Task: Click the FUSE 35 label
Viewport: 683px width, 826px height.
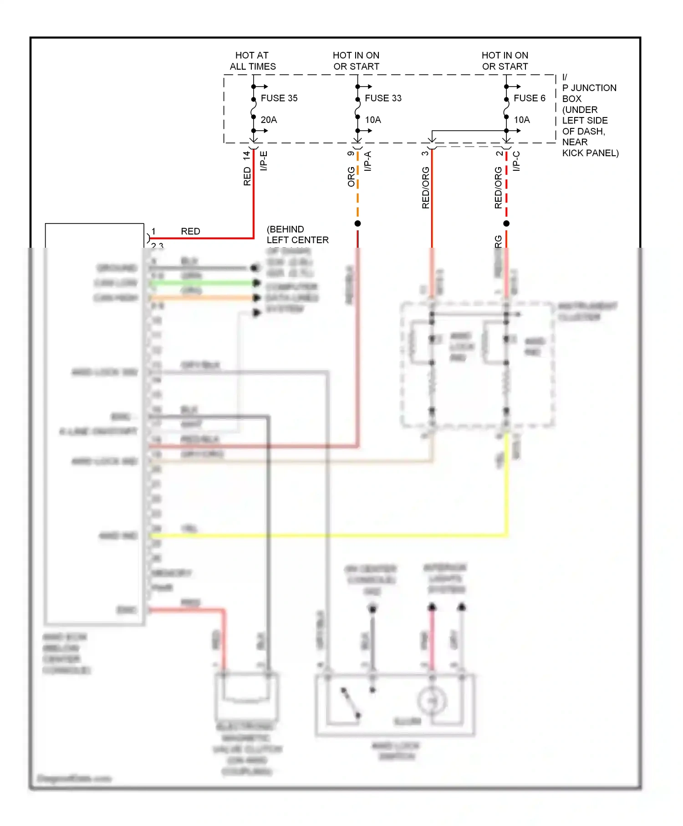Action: click(279, 98)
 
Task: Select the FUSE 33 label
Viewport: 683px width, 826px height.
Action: click(383, 98)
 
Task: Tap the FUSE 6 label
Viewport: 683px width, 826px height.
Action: click(529, 98)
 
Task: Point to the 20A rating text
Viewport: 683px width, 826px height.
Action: click(269, 120)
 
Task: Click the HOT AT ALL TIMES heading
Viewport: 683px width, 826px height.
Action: click(252, 61)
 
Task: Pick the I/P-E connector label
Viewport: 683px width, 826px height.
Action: click(264, 161)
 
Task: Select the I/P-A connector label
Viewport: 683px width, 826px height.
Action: click(368, 161)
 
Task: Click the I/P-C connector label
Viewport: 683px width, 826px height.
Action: click(516, 161)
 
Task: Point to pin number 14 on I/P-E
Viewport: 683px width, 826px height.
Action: click(247, 155)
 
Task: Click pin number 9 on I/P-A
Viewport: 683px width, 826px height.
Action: click(351, 153)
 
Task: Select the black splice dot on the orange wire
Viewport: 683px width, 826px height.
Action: click(358, 224)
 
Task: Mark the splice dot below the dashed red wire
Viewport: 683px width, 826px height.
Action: click(506, 224)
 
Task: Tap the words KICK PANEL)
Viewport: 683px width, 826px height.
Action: click(590, 153)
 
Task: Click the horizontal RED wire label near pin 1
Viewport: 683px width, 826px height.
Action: click(190, 231)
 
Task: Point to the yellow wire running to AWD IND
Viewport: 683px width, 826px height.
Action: click(328, 535)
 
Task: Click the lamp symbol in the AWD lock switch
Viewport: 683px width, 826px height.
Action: click(432, 701)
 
